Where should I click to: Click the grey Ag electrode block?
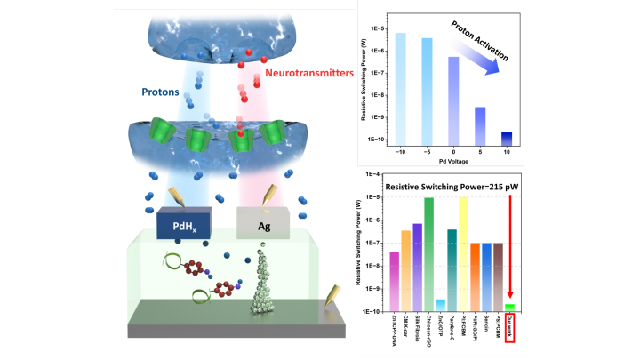click(264, 226)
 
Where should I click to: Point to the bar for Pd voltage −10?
click(401, 87)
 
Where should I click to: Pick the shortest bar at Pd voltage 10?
click(507, 137)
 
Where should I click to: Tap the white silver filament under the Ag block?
click(263, 284)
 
